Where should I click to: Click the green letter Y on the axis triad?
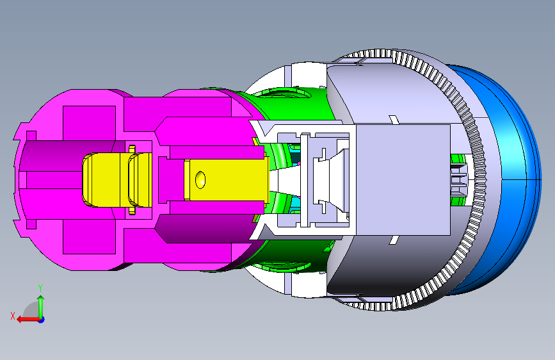point(40,288)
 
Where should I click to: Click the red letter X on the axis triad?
point(13,316)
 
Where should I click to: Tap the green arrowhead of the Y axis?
point(41,299)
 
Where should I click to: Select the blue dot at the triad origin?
point(42,320)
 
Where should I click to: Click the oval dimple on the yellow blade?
point(200,180)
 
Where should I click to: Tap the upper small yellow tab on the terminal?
point(132,149)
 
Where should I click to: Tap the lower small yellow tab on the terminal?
point(132,211)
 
